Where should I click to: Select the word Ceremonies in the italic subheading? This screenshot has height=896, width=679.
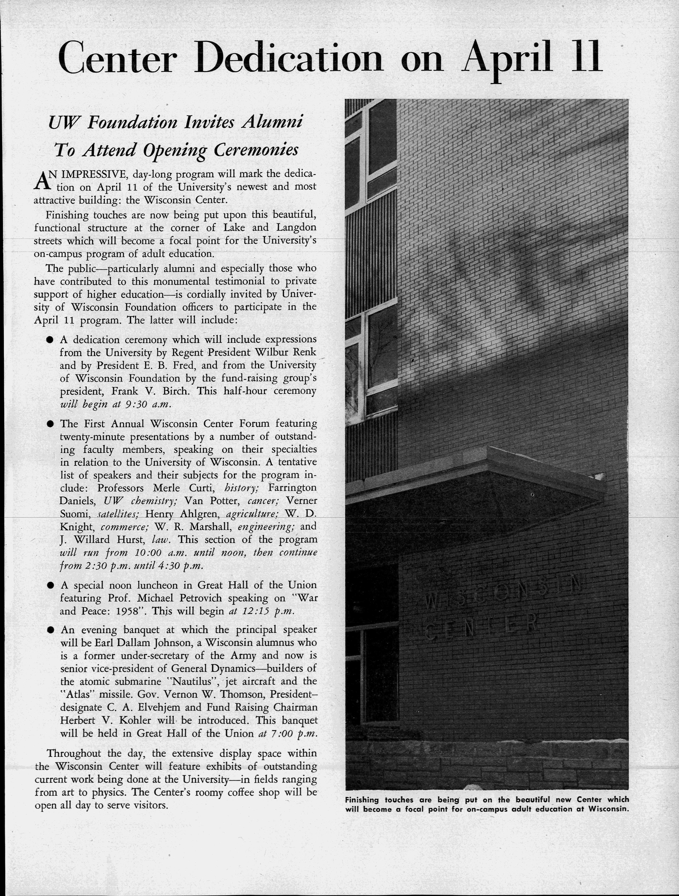tap(256, 150)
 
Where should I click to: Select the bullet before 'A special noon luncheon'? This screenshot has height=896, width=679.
tap(50, 585)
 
